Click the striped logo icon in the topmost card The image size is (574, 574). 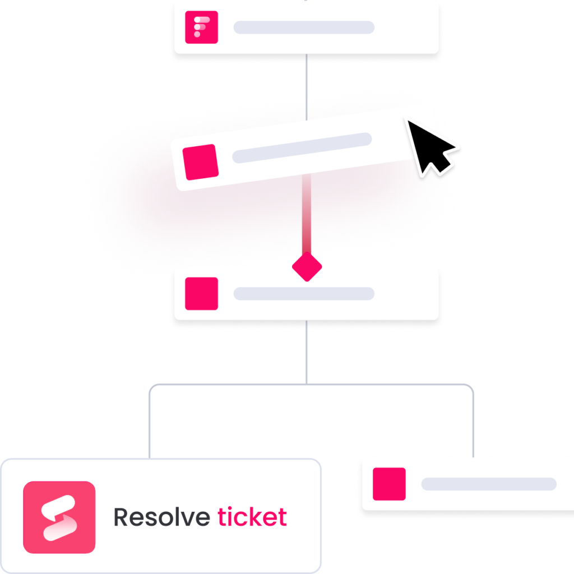pos(201,27)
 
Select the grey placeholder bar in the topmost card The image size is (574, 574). pos(304,27)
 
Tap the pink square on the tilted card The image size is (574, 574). pos(201,162)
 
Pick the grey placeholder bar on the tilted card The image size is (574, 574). pos(303,148)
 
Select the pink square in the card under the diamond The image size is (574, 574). pos(201,293)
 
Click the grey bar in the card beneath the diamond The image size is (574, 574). pos(304,293)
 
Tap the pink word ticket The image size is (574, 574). pos(252,517)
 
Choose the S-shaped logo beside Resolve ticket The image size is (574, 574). pos(59,517)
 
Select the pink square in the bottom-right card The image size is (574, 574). pos(389,484)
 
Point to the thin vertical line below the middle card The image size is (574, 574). pos(307,353)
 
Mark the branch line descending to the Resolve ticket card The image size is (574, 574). pos(150,426)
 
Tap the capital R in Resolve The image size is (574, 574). pos(121,517)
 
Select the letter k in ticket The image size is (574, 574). pos(257,517)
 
